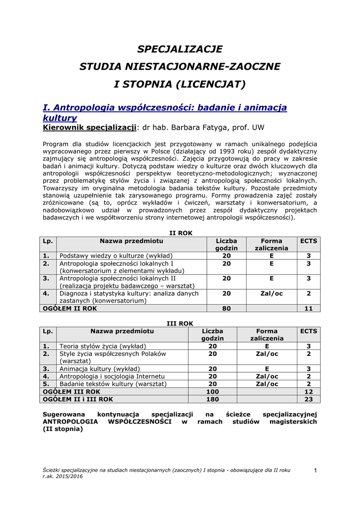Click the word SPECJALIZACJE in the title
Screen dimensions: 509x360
pos(180,49)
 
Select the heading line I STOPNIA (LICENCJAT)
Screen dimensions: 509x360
pos(180,84)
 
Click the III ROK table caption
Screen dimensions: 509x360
pos(180,324)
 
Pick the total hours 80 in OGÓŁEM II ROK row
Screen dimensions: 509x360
pos(226,308)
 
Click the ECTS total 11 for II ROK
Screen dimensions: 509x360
pos(308,308)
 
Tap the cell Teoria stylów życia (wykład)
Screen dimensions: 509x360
pos(103,346)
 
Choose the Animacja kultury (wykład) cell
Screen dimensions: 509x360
pos(100,369)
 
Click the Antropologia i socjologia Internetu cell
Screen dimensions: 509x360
pos(112,376)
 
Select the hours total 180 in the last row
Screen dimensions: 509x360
pos(212,399)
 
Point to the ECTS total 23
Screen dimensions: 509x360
pos(308,399)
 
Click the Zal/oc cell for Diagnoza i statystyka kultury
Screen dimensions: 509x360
pos(271,294)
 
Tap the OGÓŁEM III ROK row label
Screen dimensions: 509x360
pos(72,391)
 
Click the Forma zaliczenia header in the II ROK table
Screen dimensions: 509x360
pos(271,244)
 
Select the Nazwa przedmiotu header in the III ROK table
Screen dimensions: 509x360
pos(122,331)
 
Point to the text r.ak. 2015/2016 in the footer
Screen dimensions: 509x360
pos(63,476)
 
